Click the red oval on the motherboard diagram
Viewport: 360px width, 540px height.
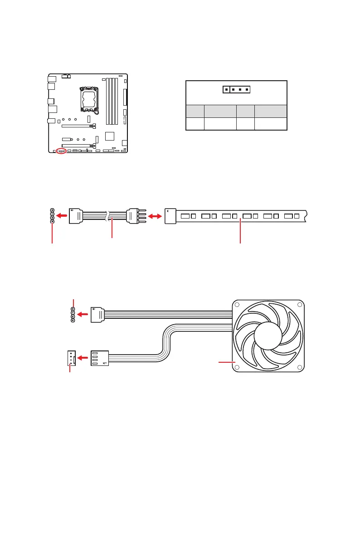point(62,151)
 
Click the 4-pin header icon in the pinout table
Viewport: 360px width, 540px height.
point(236,89)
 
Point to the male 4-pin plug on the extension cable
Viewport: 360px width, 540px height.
point(136,216)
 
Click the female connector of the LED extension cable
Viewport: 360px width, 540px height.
point(76,215)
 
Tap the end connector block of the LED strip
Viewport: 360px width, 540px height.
point(170,216)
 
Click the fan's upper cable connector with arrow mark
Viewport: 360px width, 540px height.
point(97,314)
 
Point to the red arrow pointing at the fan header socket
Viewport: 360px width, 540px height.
point(82,358)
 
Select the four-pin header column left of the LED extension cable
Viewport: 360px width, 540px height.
point(53,216)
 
